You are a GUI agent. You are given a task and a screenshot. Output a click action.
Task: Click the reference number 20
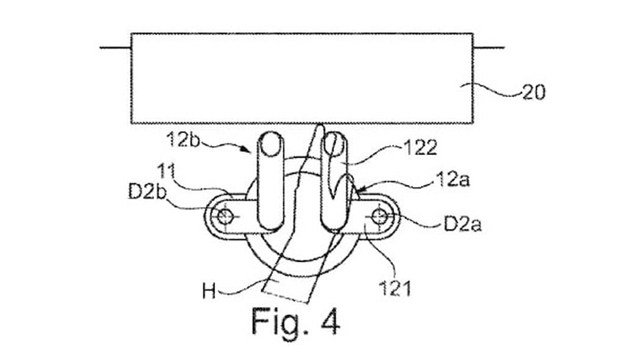click(534, 92)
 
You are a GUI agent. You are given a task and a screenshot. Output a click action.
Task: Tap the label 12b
click(183, 140)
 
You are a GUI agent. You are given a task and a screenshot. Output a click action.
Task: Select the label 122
click(420, 147)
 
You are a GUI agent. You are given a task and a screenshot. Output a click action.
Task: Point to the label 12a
click(453, 179)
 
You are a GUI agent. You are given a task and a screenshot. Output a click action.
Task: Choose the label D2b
click(148, 192)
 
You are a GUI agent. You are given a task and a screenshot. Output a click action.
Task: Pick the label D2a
click(462, 224)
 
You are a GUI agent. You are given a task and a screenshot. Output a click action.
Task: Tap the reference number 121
click(395, 289)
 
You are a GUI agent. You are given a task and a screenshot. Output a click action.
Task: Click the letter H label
click(209, 292)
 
